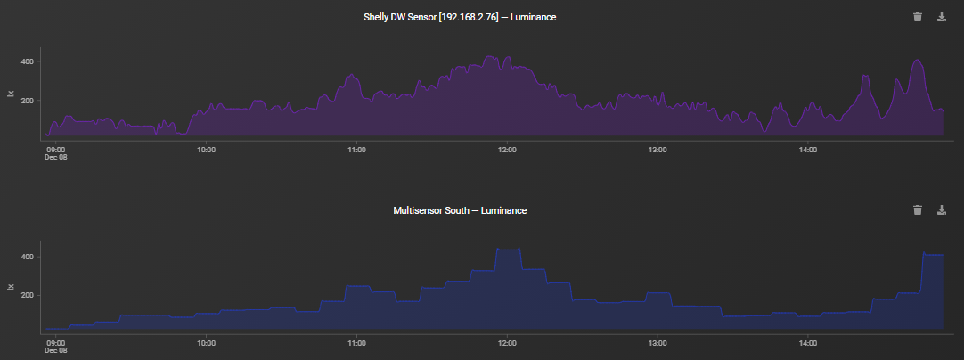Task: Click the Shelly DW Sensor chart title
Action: [x=460, y=17]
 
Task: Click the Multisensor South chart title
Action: [x=460, y=210]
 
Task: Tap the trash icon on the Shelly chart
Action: [x=918, y=17]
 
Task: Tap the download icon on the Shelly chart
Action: [x=942, y=17]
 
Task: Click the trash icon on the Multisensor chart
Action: [x=918, y=210]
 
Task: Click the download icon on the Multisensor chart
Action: [x=942, y=210]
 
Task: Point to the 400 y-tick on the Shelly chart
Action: [x=28, y=62]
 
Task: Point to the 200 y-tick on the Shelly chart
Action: [x=28, y=101]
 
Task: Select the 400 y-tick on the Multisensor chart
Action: [x=28, y=257]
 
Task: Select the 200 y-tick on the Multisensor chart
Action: [x=28, y=295]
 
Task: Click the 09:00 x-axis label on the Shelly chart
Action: [x=56, y=149]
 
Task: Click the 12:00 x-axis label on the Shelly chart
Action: [x=507, y=149]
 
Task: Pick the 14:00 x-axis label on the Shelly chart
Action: [x=808, y=149]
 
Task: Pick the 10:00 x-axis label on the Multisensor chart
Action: [x=206, y=342]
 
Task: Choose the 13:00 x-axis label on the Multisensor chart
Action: [x=658, y=342]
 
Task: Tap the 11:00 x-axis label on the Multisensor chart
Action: [x=356, y=342]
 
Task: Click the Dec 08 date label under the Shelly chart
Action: [x=56, y=157]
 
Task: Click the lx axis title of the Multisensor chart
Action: [x=11, y=287]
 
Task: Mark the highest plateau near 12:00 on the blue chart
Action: [x=508, y=250]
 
